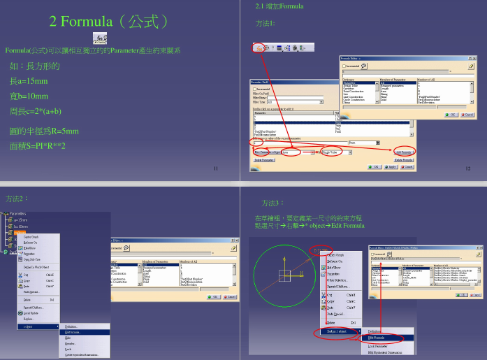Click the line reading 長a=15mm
click(29, 82)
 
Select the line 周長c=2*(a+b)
click(36, 110)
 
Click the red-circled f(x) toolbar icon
click(259, 48)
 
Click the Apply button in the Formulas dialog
click(392, 168)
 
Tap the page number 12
click(467, 169)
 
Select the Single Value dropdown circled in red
click(333, 151)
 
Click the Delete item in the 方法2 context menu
click(29, 299)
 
